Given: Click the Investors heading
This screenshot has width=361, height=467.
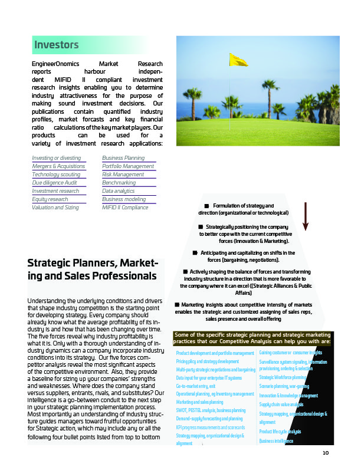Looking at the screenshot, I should pyautogui.click(x=57, y=44).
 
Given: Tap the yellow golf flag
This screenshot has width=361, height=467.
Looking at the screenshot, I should pyautogui.click(x=238, y=60).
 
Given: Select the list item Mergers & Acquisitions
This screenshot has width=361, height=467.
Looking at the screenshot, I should pyautogui.click(x=58, y=166).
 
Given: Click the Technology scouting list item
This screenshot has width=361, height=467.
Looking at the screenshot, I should pyautogui.click(x=56, y=175).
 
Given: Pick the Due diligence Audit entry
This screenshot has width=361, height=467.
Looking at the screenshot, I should pyautogui.click(x=54, y=183).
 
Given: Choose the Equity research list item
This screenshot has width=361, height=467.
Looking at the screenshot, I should pyautogui.click(x=50, y=199).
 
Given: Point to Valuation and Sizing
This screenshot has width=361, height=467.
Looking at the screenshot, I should pyautogui.click(x=55, y=208).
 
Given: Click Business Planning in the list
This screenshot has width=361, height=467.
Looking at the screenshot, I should pyautogui.click(x=123, y=158).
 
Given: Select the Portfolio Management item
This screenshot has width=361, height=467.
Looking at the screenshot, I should pyautogui.click(x=128, y=166).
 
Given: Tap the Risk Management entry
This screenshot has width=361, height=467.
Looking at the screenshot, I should pyautogui.click(x=123, y=175).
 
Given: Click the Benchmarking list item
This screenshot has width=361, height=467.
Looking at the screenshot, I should pyautogui.click(x=119, y=183).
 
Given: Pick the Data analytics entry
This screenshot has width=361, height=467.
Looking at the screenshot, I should pyautogui.click(x=118, y=191).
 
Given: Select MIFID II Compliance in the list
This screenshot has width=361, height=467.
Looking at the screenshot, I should pyautogui.click(x=125, y=208).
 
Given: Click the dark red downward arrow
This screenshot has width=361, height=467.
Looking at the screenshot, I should pyautogui.click(x=306, y=216).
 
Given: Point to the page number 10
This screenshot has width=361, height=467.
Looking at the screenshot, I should pyautogui.click(x=325, y=453).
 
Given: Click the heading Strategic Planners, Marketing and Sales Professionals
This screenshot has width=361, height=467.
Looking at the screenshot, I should pyautogui.click(x=93, y=268).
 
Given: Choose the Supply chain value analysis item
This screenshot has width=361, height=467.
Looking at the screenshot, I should pyautogui.click(x=281, y=404).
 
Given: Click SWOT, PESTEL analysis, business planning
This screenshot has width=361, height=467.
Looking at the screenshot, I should pyautogui.click(x=211, y=410).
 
